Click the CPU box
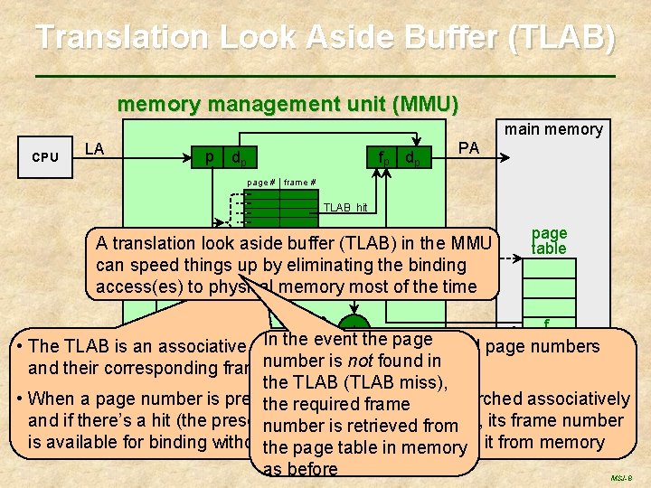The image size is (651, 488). pos(45,156)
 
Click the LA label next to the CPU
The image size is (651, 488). pos(94,148)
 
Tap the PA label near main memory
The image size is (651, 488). pos(469,146)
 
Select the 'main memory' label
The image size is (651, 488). pos(553,129)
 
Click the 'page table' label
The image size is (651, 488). pos(549,240)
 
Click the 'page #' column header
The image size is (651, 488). pos(259,183)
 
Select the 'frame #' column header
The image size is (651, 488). pos(299,183)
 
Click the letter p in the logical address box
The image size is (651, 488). pos(209,156)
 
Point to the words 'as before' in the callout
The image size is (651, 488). pos(300,469)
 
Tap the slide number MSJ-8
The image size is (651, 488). pos(620,475)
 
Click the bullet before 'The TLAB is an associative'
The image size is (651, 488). pos(19,347)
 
